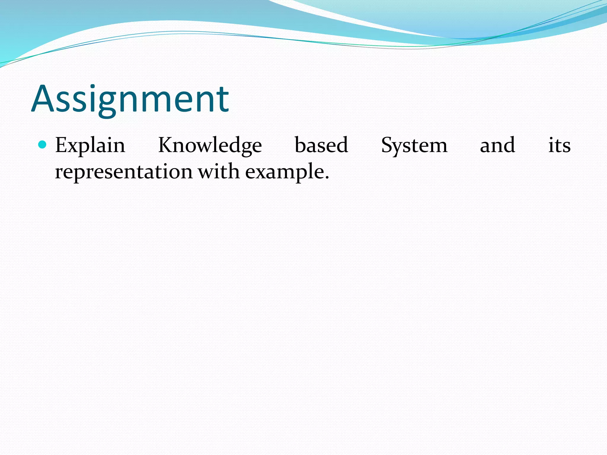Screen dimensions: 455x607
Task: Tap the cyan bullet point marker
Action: (x=43, y=145)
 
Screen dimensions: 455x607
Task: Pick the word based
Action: (x=321, y=145)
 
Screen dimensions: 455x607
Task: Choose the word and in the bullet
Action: (x=497, y=145)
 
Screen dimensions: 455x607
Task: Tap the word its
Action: (x=559, y=145)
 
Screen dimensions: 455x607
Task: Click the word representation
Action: (x=124, y=172)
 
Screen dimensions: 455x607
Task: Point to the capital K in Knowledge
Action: (x=167, y=145)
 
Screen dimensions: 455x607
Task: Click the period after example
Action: (x=327, y=178)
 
